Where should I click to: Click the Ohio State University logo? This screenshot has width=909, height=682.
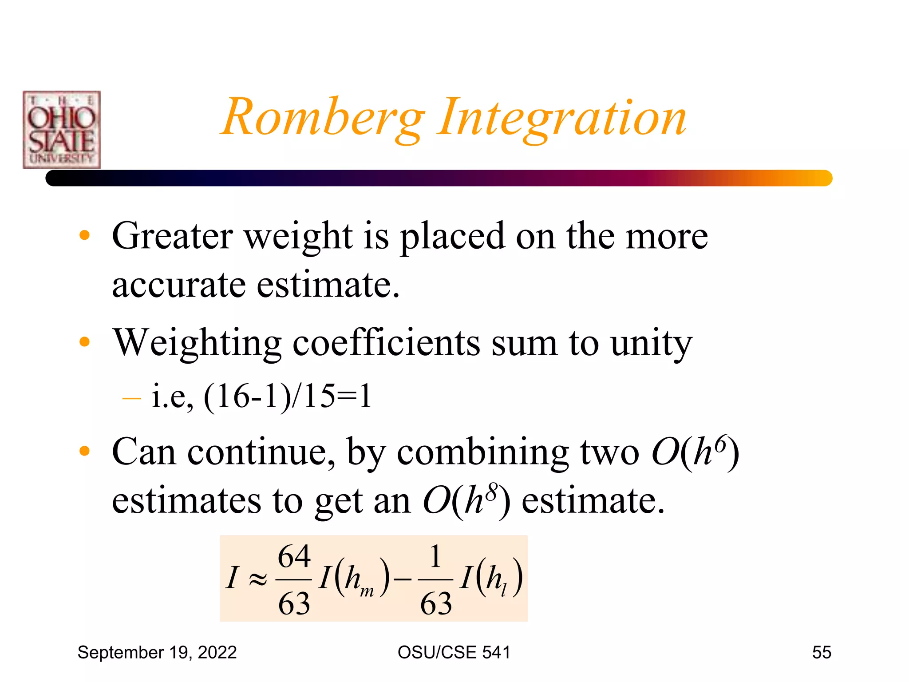coord(62,130)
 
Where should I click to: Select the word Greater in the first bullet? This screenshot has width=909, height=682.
coord(172,236)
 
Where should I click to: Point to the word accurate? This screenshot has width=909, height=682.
coord(178,285)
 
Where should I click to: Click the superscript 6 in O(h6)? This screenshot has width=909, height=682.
coord(722,444)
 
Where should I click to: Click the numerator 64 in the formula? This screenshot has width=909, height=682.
coord(294,557)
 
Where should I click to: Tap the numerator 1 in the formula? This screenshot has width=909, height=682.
coord(435,557)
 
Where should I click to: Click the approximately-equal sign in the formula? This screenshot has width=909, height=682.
coord(258,579)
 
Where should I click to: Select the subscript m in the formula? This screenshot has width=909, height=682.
coord(367,591)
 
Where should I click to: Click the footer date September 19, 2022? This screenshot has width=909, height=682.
coord(157,653)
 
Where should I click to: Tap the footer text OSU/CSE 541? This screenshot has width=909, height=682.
coord(454,653)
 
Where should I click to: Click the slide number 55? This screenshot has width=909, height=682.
coord(821,653)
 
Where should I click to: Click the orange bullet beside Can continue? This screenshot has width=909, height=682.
coord(84,452)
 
